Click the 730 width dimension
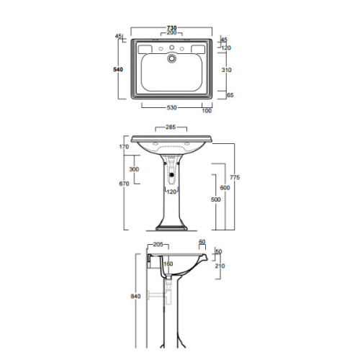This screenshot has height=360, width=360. pos(171,27)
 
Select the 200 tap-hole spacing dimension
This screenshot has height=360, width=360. pos(171,33)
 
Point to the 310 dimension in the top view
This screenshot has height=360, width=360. pos(226,70)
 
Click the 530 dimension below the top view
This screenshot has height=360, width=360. pos(171,108)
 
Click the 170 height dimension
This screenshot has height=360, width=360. pos(123,148)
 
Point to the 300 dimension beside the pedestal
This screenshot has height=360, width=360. pos(133,168)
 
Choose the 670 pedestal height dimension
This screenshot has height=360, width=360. pos(124,184)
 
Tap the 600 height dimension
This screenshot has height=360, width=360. pos(225,187)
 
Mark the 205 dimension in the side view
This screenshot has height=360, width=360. pos(158,245)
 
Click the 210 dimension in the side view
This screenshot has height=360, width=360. pos(220,266)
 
